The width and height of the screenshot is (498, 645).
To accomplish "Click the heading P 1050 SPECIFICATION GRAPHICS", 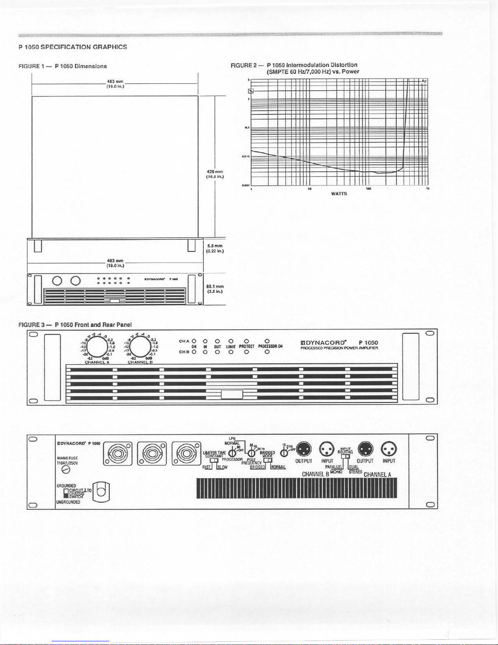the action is [x=73, y=47].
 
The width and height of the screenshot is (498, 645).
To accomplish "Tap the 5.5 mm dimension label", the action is [x=215, y=248].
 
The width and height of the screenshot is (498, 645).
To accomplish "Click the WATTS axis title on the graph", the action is [x=339, y=194].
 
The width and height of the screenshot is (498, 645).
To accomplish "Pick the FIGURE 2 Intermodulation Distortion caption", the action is [x=295, y=68].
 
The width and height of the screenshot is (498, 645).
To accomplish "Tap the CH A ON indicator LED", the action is [x=194, y=341].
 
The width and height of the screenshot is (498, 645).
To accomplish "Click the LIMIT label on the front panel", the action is [x=231, y=347].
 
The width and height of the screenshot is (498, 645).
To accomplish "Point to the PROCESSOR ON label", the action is [x=270, y=347].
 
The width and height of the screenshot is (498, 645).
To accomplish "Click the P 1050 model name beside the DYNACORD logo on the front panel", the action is [x=368, y=343].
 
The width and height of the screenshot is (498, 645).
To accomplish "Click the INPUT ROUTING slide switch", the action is [x=345, y=457].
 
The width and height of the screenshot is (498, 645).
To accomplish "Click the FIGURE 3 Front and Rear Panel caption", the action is [x=75, y=325].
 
